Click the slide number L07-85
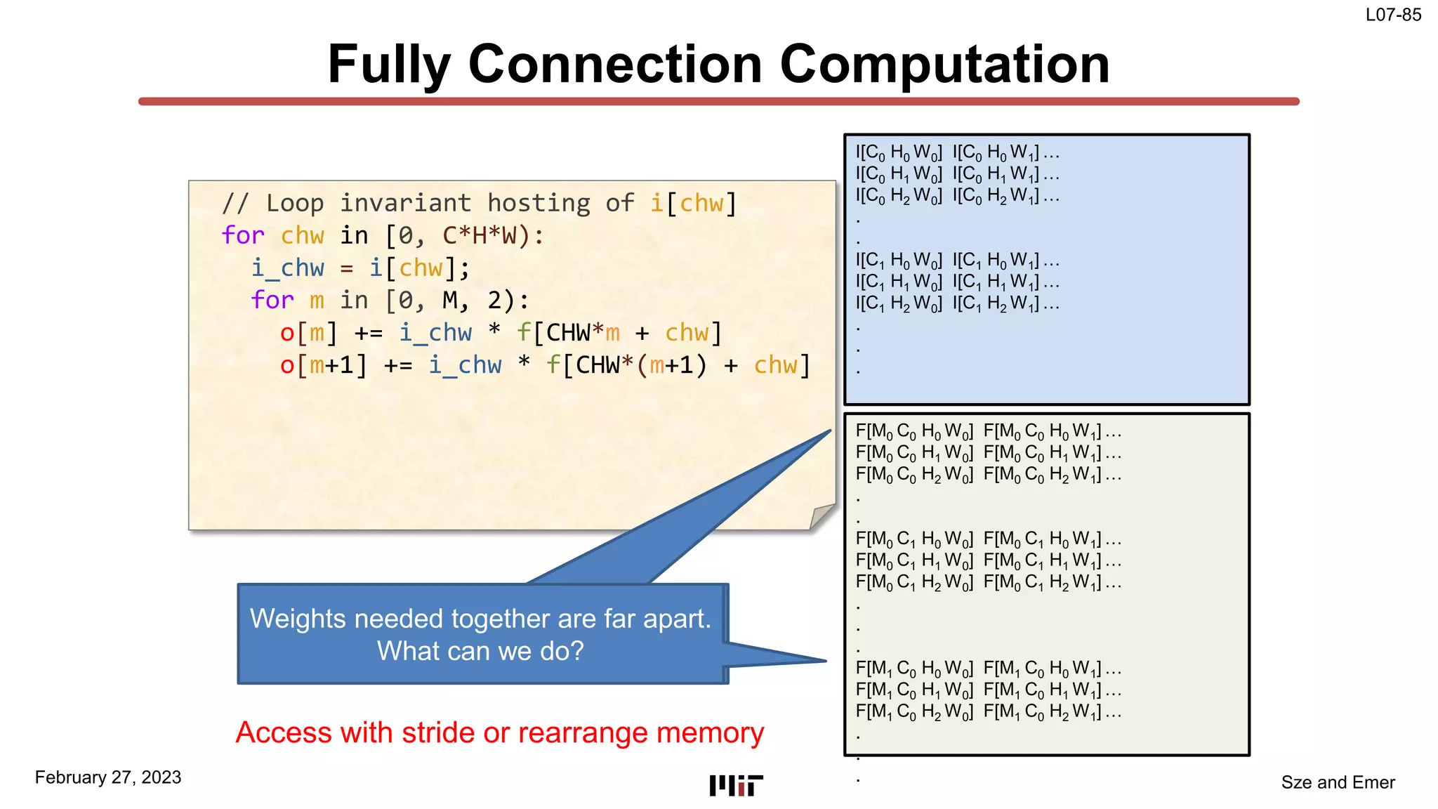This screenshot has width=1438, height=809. pos(1393,15)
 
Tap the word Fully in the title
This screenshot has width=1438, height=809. pos(388,65)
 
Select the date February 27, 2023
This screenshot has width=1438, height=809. pos(108,777)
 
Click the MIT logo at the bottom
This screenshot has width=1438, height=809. pos(735,785)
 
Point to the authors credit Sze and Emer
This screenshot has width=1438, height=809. pos(1338,782)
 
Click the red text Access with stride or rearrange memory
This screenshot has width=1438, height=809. pos(499,732)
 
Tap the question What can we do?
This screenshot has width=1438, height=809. pos(480,651)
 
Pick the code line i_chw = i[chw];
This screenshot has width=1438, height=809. pos(360,268)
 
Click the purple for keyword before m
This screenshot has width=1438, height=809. pos(272,301)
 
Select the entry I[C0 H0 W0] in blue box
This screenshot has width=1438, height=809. pos(898,152)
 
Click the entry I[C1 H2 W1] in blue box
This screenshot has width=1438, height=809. pos(995,304)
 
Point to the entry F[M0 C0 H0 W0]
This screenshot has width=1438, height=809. pos(913,431)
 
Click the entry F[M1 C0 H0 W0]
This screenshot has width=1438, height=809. pos(913,669)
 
